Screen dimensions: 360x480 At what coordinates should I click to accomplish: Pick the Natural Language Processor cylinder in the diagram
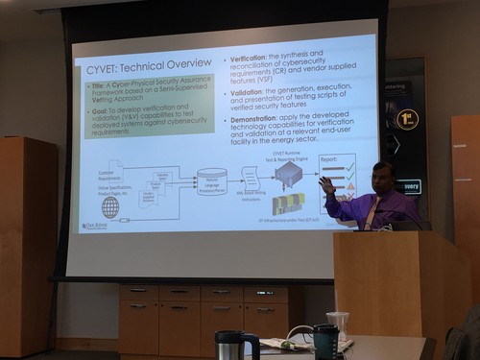coord(211,181)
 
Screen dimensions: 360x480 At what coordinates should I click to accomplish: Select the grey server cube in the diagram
coord(288,174)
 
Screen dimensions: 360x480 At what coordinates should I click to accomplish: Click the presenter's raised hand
coord(325,182)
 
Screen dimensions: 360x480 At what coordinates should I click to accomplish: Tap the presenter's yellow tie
coord(368,213)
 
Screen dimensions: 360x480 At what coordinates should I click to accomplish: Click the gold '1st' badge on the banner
coord(407,120)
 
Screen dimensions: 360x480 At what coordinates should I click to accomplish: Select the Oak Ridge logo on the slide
coord(95,227)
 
